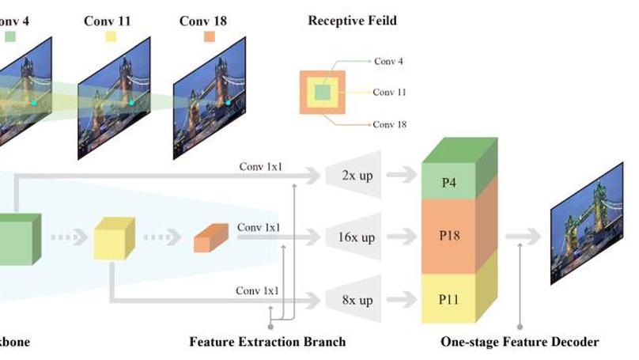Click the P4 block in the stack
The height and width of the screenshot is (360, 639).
click(449, 183)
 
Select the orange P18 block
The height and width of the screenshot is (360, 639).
click(449, 237)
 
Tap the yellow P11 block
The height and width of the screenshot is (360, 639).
click(449, 299)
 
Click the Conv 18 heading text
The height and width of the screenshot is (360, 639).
click(204, 20)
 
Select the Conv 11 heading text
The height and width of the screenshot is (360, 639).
click(108, 20)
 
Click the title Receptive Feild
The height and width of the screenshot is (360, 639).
click(352, 20)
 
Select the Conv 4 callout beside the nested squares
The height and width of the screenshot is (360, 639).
click(389, 60)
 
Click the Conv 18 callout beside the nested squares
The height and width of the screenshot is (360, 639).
click(390, 124)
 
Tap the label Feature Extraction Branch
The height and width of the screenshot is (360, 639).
click(267, 342)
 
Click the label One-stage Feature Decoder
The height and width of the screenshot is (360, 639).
click(520, 342)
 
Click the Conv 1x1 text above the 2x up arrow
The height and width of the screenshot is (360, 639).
click(259, 167)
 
